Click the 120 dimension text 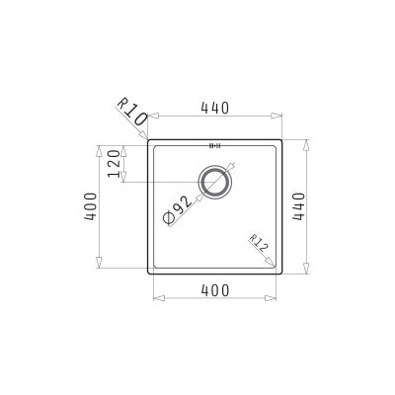click(x=116, y=164)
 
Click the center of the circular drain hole click(x=215, y=182)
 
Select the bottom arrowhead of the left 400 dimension click(x=100, y=270)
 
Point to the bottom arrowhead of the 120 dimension click(x=127, y=181)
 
